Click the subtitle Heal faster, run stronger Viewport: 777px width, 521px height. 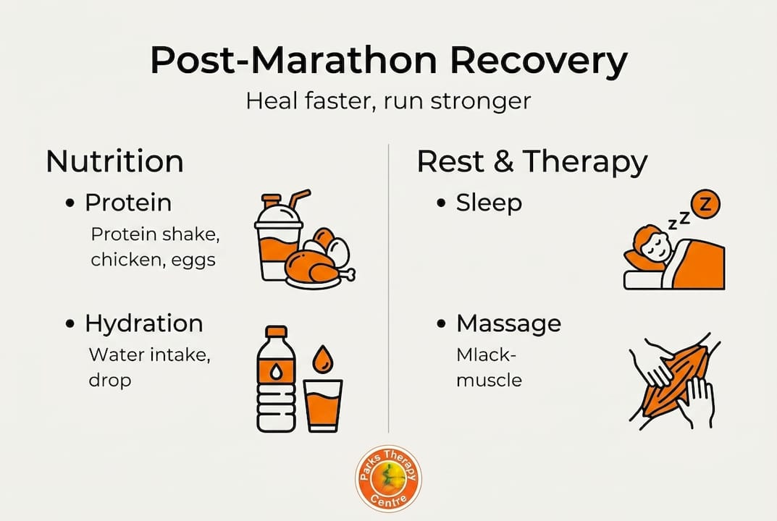(388, 100)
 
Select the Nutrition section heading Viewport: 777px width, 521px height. (114, 161)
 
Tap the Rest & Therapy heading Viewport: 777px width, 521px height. (532, 161)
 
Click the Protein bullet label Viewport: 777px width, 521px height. (128, 203)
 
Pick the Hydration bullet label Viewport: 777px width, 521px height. (143, 323)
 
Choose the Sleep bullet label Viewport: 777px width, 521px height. (489, 203)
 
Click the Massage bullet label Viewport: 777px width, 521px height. (508, 323)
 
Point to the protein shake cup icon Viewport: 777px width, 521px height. (278, 242)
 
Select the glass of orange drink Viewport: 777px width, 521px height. (323, 405)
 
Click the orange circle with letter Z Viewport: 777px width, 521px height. (706, 206)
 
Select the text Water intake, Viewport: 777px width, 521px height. (133, 355)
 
